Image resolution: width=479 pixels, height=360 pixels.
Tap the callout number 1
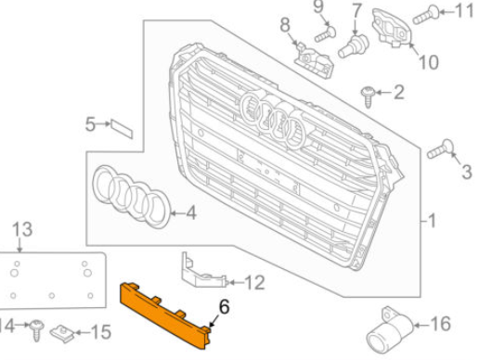[x=431, y=222]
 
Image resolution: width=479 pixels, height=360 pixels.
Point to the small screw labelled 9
[x=322, y=33]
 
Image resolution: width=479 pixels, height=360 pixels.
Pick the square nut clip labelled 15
[x=66, y=330]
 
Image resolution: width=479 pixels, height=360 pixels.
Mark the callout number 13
[x=21, y=228]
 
